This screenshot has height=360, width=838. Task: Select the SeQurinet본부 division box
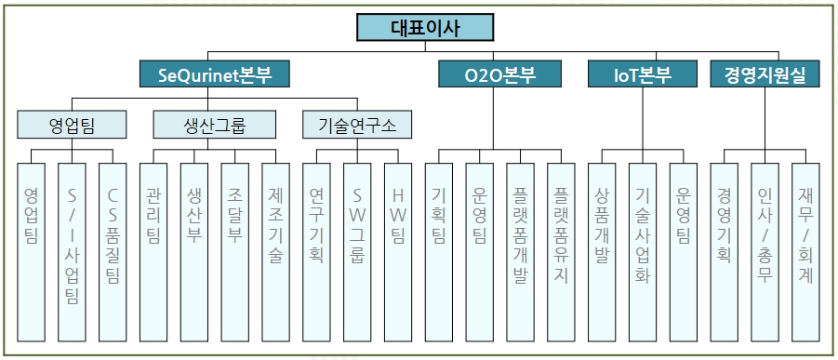tap(213, 74)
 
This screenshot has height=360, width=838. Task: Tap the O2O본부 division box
tap(499, 74)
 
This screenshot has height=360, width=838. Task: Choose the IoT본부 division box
tap(643, 74)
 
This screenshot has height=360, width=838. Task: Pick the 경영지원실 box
tap(765, 74)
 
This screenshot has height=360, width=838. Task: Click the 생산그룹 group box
tap(215, 123)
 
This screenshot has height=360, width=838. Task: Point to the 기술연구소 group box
tap(357, 123)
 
